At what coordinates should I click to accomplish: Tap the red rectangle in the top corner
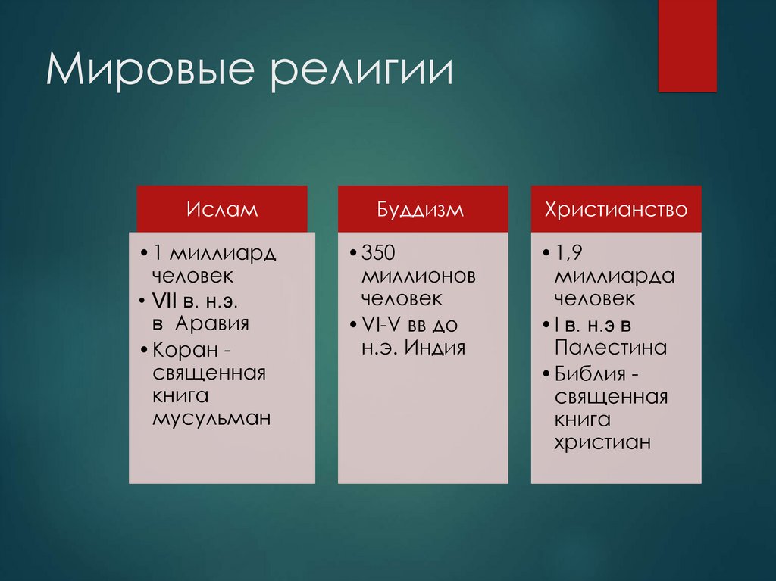coord(687,45)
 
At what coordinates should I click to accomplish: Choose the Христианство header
coord(616,209)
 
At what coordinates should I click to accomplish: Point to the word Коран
coord(182,349)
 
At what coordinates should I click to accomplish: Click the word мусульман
coord(211,419)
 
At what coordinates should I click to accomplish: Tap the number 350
coord(379,252)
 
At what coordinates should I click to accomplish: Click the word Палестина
coord(611,348)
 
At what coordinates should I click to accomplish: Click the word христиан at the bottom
coord(602,442)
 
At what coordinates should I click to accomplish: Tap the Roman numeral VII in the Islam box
coord(164,300)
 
